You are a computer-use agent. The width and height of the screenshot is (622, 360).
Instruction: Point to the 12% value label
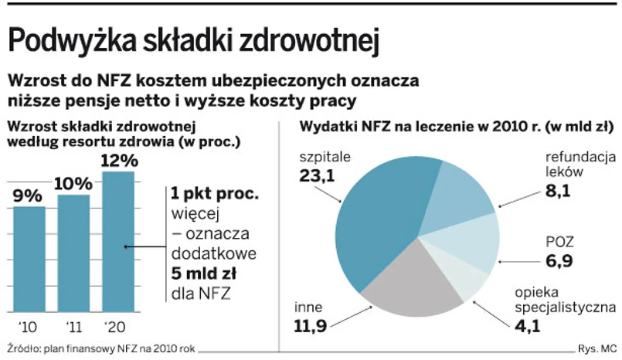[x=119, y=161]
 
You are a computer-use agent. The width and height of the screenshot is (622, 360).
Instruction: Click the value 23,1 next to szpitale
[x=316, y=175]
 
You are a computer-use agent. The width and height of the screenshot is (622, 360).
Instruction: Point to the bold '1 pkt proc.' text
[x=215, y=193]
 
